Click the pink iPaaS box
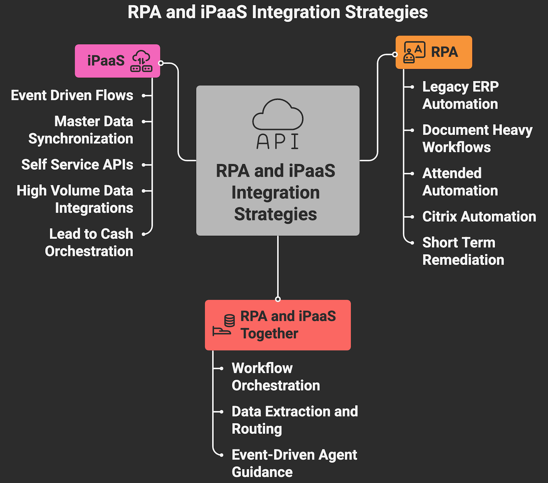click(x=117, y=61)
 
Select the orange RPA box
click(x=434, y=52)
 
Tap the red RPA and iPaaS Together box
click(x=277, y=325)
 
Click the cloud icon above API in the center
click(x=278, y=114)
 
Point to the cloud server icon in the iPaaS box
click(x=141, y=61)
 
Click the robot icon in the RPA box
click(x=414, y=52)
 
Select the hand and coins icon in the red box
click(x=224, y=325)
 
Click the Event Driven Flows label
click(x=72, y=95)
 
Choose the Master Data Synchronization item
click(x=81, y=130)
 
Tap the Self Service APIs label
click(x=77, y=165)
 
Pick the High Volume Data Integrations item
click(x=75, y=199)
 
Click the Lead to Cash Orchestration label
click(x=89, y=242)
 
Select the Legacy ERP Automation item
click(x=460, y=95)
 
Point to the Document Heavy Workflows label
click(x=477, y=139)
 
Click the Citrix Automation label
click(x=479, y=216)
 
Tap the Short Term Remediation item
click(x=463, y=251)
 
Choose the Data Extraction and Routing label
click(x=295, y=420)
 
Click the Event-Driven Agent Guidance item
click(x=294, y=463)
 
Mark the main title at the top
click(x=277, y=12)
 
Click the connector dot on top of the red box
click(x=278, y=299)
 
